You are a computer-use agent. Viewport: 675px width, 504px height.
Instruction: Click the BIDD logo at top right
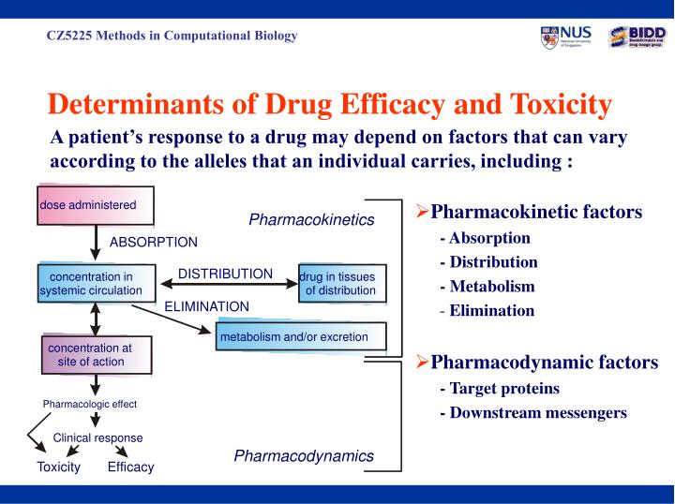pos(637,37)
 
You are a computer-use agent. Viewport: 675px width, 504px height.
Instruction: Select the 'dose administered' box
pos(95,205)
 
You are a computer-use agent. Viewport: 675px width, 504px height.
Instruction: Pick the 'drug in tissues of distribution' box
pos(341,284)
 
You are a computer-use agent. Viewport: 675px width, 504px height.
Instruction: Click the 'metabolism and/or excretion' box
pos(299,337)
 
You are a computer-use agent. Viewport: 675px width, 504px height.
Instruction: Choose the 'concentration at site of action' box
pos(90,355)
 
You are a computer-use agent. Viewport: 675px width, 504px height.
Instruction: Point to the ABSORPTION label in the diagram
pos(154,242)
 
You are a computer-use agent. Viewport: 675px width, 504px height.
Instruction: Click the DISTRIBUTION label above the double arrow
pos(226,274)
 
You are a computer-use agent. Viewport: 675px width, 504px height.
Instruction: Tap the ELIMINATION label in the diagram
pos(206,306)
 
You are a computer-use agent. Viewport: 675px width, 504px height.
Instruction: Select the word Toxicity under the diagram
pos(58,467)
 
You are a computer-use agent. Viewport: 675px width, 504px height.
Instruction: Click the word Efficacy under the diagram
pos(130,467)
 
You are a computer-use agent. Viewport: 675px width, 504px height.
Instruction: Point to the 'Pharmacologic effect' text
pos(90,404)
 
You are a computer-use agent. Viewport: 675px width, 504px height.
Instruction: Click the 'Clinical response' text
pos(98,437)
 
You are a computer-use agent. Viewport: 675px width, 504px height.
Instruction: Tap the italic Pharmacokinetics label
pos(311,220)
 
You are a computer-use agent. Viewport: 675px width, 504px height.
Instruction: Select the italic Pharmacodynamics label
pos(304,456)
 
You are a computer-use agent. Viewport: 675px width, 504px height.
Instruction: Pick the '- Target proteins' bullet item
pos(499,388)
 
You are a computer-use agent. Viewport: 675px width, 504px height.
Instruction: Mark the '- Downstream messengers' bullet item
pos(532,412)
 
